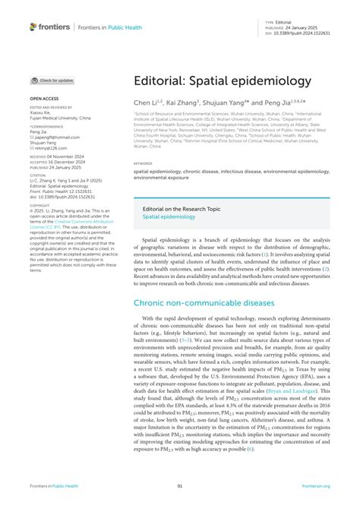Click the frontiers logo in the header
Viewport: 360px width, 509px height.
tap(50, 27)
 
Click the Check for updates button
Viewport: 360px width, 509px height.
tap(53, 80)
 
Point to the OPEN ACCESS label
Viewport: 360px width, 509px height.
tap(44, 99)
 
